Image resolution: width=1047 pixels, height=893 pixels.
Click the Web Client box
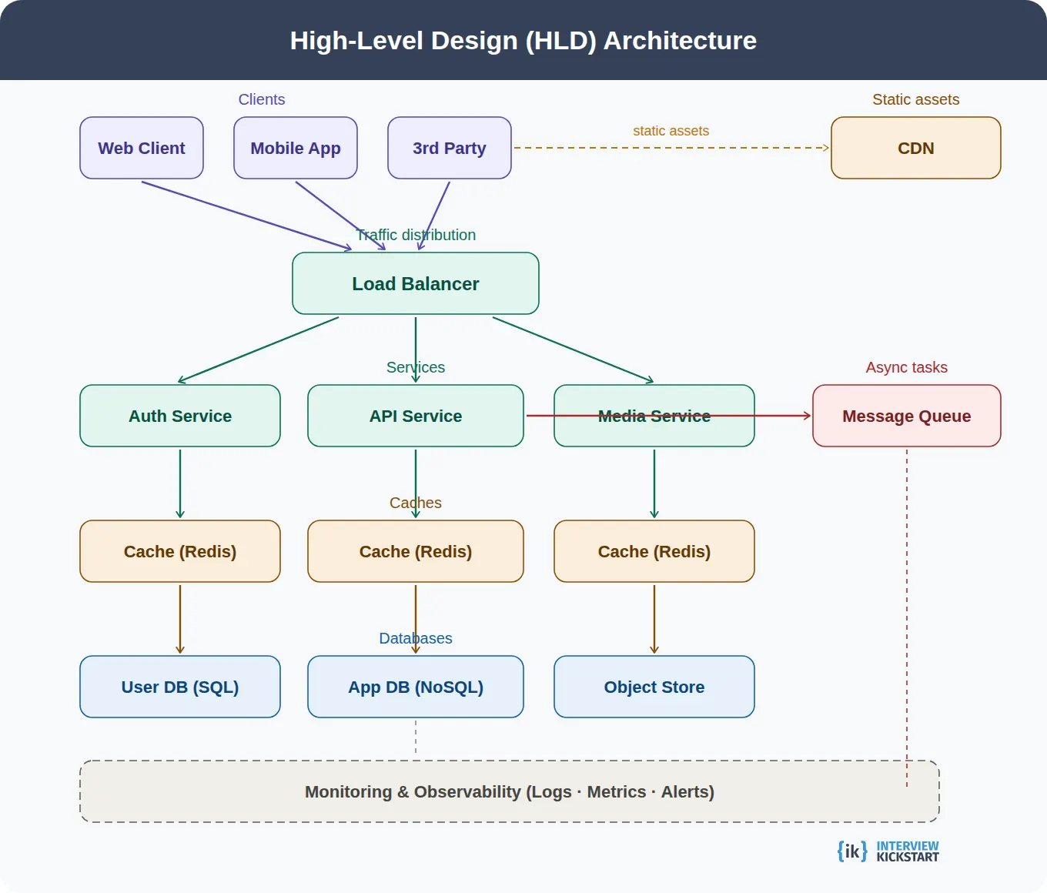click(x=142, y=148)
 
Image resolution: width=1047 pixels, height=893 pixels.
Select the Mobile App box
click(x=296, y=148)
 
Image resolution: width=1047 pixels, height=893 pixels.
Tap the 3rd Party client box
click(x=450, y=148)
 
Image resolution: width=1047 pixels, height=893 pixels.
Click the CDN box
click(x=915, y=148)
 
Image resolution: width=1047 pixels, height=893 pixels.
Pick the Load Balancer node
click(x=416, y=283)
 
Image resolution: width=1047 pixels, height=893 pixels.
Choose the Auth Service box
click(x=180, y=416)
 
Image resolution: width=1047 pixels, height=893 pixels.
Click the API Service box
click(x=416, y=416)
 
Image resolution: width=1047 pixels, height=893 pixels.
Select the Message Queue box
click(x=906, y=416)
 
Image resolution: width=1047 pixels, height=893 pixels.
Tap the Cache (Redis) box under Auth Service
click(x=180, y=551)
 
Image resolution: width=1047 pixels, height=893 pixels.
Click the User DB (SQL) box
click(x=180, y=687)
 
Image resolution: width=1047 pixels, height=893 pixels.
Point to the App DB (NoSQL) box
click(x=416, y=687)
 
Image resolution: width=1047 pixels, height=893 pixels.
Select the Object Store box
click(x=654, y=687)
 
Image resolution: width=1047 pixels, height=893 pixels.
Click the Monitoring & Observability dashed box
click(x=509, y=791)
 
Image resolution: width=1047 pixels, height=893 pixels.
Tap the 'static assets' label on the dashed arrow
click(x=671, y=131)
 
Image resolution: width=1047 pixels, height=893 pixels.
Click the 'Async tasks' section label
click(x=906, y=367)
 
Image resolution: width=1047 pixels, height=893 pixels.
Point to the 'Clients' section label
click(x=262, y=99)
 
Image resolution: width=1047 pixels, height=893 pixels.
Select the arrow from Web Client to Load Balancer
click(x=246, y=216)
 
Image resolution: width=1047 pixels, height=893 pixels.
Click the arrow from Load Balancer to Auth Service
click(x=259, y=350)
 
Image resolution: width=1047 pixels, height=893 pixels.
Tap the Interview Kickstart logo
click(x=888, y=851)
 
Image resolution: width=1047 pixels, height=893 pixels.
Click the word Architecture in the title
click(x=680, y=40)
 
